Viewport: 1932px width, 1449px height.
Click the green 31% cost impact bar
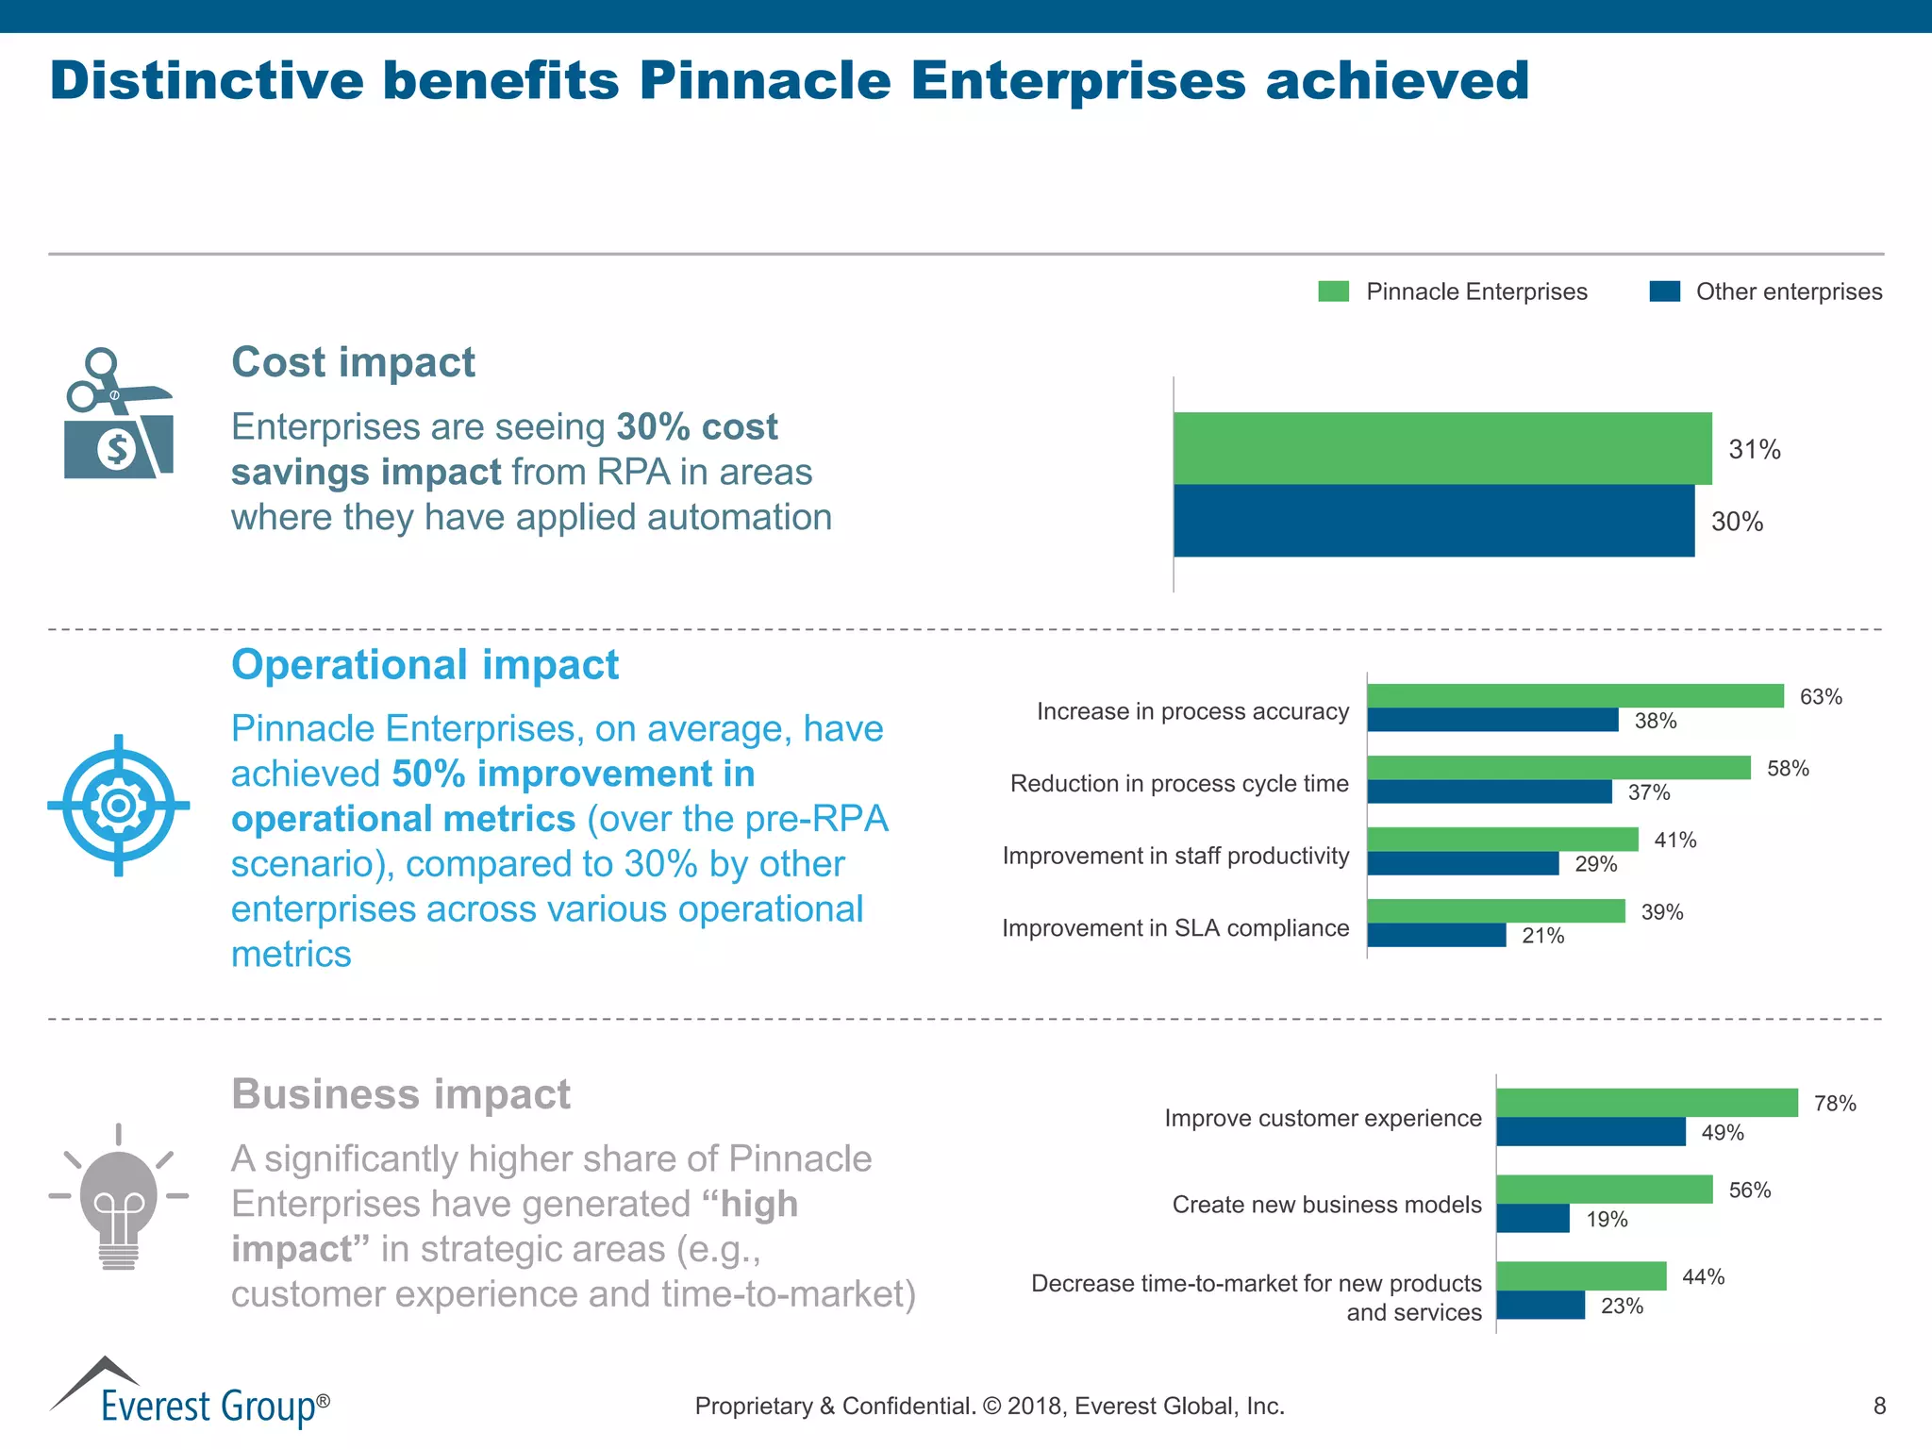[x=1441, y=448]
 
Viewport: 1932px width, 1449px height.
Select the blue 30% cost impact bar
[x=1434, y=521]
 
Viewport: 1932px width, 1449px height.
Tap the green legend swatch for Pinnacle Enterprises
[x=1333, y=291]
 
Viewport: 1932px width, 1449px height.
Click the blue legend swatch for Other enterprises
[x=1664, y=291]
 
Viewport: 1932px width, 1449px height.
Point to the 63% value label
[x=1820, y=697]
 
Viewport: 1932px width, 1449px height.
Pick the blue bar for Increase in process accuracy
[x=1492, y=721]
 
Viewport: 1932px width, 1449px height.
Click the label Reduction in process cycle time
[x=1178, y=784]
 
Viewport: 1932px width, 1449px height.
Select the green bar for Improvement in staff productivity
[x=1502, y=839]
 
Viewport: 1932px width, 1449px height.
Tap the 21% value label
[x=1542, y=936]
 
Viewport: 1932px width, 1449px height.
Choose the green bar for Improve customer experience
[x=1646, y=1103]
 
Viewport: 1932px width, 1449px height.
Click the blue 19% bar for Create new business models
[x=1532, y=1219]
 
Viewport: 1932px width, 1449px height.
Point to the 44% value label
[x=1703, y=1277]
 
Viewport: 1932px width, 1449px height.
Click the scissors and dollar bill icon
[x=118, y=414]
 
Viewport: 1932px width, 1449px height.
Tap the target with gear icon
[x=119, y=806]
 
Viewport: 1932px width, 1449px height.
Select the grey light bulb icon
[x=119, y=1198]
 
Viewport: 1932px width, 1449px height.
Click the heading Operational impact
[x=425, y=665]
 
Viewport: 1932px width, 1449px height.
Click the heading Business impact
[x=401, y=1094]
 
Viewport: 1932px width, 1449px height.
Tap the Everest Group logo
[x=189, y=1394]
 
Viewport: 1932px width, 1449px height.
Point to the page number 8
[x=1878, y=1407]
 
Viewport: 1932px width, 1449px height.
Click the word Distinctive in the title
[x=206, y=80]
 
